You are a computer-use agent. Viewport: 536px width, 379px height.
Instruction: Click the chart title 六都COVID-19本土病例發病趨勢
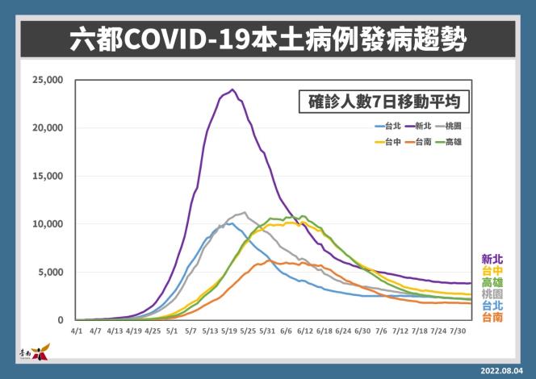pos(267,40)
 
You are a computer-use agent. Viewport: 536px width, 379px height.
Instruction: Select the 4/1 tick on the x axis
pos(76,331)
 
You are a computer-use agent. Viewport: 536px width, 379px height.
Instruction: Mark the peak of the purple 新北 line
pos(232,90)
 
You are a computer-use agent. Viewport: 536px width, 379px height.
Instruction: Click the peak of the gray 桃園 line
pos(244,213)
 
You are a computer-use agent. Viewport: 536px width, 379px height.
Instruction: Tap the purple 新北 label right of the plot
pos(492,259)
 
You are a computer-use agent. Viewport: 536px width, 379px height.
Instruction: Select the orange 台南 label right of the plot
pos(492,319)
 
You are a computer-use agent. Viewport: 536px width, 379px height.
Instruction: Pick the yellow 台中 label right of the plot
pos(492,271)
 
